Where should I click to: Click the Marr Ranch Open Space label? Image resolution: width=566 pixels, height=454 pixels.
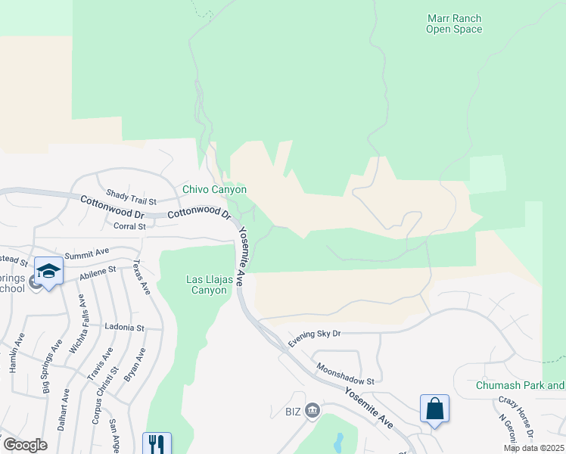(x=453, y=24)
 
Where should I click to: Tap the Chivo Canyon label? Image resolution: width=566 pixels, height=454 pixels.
(x=214, y=189)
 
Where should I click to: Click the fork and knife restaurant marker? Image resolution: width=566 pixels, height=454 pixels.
(x=157, y=443)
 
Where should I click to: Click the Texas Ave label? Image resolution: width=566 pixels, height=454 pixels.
(x=141, y=277)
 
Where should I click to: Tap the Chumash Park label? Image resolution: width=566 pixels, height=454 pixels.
(x=519, y=385)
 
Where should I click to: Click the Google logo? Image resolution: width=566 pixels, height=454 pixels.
(x=25, y=445)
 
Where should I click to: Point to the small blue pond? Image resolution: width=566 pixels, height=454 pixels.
(x=338, y=440)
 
